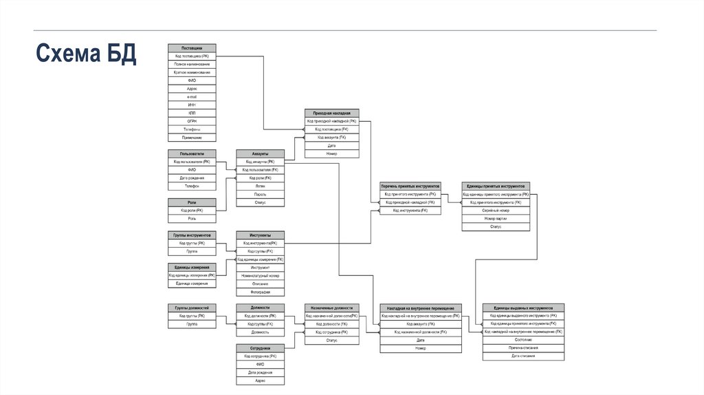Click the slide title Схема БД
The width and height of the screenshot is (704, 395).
click(x=86, y=54)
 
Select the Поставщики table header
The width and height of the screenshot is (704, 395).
click(x=192, y=47)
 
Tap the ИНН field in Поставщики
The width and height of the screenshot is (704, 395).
click(x=192, y=105)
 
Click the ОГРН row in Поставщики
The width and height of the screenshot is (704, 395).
click(x=192, y=121)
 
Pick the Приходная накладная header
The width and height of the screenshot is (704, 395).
click(x=331, y=113)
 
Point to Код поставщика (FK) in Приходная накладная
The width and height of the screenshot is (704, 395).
click(x=331, y=129)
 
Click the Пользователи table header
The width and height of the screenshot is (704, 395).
click(x=192, y=153)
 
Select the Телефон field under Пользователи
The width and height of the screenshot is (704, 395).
click(x=192, y=186)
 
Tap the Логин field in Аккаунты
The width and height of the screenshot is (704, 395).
click(x=260, y=186)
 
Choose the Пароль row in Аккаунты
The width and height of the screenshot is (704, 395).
click(x=260, y=195)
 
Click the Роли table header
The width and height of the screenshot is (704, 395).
click(x=192, y=202)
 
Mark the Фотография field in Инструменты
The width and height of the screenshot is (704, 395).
click(x=260, y=292)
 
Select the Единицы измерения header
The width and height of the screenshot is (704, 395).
click(x=192, y=267)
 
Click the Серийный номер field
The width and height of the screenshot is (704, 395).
click(x=496, y=211)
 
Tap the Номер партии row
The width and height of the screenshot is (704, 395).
click(x=496, y=218)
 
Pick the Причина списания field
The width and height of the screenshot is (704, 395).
click(x=524, y=348)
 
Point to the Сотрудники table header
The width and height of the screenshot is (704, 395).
click(x=260, y=348)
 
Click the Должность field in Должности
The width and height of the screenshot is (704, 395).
click(x=260, y=332)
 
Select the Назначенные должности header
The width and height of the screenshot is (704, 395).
click(x=331, y=308)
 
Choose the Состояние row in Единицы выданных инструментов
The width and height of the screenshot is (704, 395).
click(x=524, y=339)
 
